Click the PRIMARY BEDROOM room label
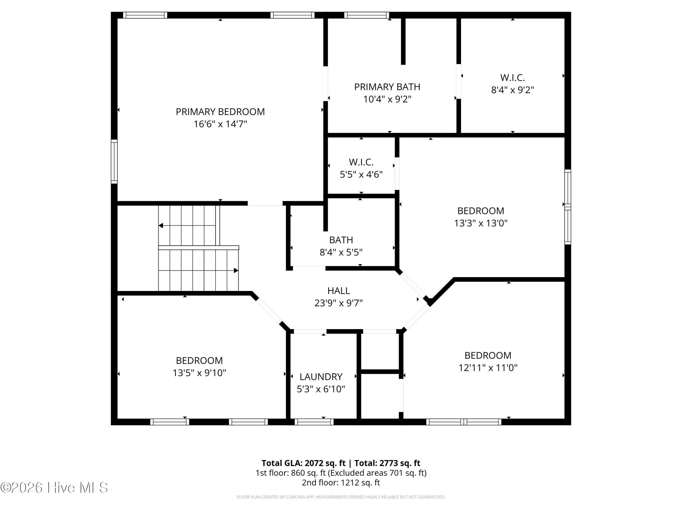[x=220, y=112]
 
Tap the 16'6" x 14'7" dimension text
[x=220, y=124]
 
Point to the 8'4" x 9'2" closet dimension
[x=512, y=90]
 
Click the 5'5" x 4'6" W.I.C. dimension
[x=361, y=175]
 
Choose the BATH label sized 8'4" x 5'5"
[x=341, y=240]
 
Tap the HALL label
[x=338, y=291]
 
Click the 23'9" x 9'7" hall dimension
[x=338, y=303]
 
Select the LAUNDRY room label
[x=321, y=377]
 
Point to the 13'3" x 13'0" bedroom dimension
[x=481, y=223]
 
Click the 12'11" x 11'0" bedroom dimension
[x=488, y=368]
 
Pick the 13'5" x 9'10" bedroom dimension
[x=199, y=373]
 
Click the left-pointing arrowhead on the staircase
[x=161, y=226]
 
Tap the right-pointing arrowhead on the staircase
[x=236, y=270]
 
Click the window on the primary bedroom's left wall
[x=114, y=161]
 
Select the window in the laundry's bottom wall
[x=314, y=422]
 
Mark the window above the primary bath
[x=367, y=15]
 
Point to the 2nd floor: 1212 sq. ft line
[x=341, y=482]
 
